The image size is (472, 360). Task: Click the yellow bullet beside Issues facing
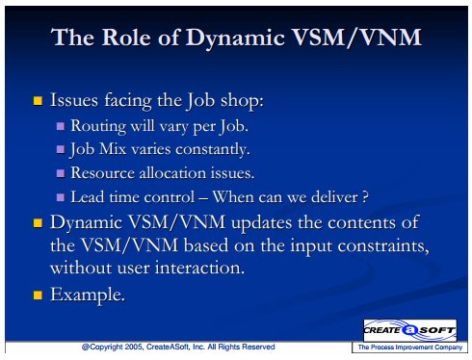click(38, 101)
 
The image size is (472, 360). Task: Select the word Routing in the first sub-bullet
click(98, 126)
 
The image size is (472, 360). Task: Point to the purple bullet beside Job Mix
click(61, 149)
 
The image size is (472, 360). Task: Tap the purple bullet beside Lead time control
click(61, 197)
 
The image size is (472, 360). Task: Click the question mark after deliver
click(365, 197)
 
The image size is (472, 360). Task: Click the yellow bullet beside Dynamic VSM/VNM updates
click(38, 223)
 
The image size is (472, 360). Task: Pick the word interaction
click(199, 268)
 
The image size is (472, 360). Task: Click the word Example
click(88, 295)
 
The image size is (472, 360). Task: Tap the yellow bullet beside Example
click(38, 295)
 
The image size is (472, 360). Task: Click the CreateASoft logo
click(409, 330)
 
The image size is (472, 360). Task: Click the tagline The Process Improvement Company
click(410, 347)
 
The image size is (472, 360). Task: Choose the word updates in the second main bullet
click(261, 223)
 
